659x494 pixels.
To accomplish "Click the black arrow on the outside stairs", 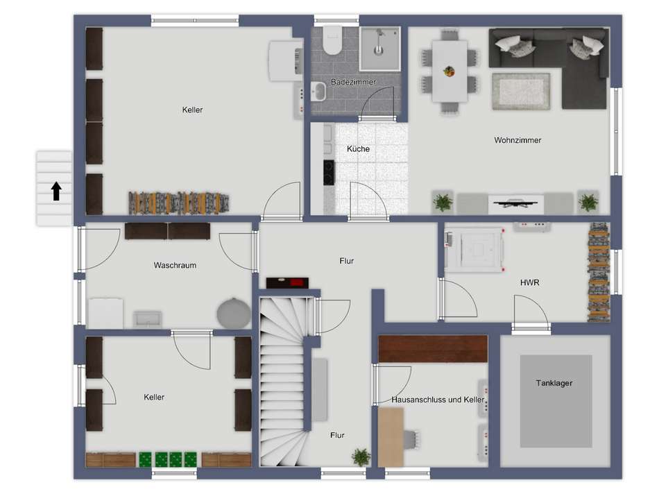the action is [56, 191].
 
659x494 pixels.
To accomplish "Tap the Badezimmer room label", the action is [354, 82].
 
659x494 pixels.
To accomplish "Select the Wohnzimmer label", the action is [517, 140].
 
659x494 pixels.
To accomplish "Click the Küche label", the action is [358, 149].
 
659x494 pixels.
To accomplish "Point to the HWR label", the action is [529, 282].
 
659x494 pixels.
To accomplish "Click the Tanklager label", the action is [554, 383].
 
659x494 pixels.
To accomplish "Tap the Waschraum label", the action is [175, 265].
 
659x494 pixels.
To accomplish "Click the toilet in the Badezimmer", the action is [332, 40].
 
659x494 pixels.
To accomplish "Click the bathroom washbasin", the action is [318, 92].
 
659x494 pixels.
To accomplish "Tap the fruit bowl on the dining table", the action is [450, 71].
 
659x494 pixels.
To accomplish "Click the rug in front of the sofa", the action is [521, 92].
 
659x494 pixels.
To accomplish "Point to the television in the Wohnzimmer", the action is [515, 203].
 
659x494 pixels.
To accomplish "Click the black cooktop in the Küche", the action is [329, 172].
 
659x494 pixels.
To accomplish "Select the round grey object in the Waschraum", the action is [234, 313].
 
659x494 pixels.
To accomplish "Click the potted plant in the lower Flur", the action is [361, 457].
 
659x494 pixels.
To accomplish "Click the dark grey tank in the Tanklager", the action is [556, 401].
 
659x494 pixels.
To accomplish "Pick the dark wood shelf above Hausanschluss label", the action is [433, 348].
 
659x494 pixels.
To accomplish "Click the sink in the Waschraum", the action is [148, 319].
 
